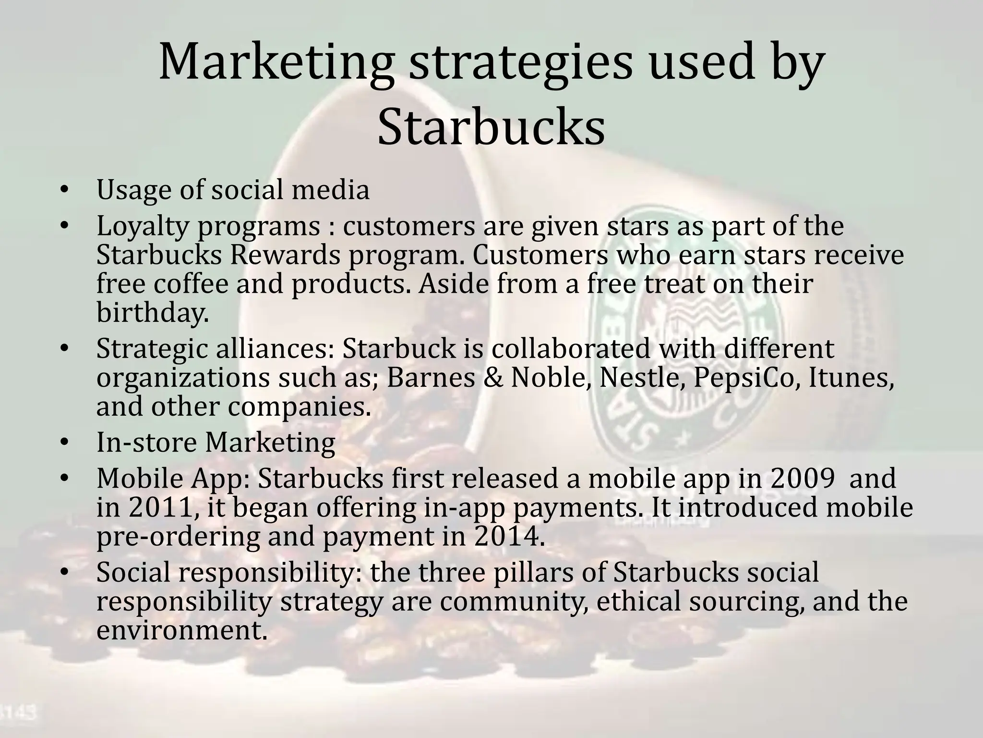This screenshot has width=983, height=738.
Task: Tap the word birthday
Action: [153, 312]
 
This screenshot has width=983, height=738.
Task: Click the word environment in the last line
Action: [181, 630]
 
